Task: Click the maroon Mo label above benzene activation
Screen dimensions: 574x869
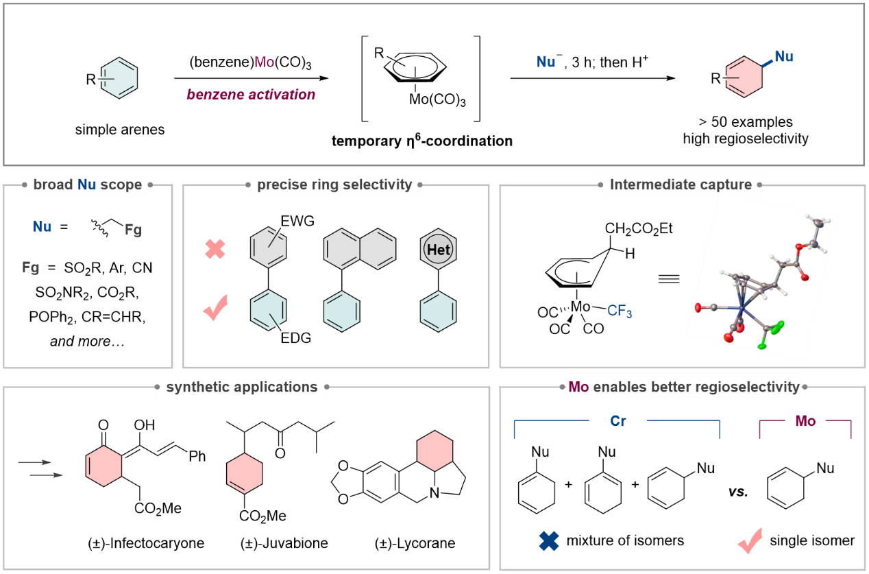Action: tap(264, 62)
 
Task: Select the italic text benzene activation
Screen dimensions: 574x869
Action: tap(251, 95)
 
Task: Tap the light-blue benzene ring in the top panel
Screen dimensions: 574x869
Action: tap(119, 78)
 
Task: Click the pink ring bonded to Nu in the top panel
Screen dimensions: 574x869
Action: tap(744, 77)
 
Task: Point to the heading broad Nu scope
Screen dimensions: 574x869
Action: tap(87, 184)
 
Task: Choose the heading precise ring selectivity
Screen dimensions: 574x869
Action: tap(334, 184)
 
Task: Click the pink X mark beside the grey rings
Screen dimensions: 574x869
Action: tap(215, 249)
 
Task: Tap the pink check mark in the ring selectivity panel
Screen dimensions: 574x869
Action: tap(215, 309)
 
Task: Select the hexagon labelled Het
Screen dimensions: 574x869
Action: tap(438, 250)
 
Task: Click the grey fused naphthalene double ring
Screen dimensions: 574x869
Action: tap(360, 249)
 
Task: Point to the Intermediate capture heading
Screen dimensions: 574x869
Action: tap(681, 184)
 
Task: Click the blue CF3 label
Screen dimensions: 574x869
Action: tap(620, 311)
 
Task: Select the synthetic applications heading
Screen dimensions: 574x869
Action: tap(241, 387)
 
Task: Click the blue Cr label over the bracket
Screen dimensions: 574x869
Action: tap(618, 421)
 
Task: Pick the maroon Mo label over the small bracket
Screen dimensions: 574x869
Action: tap(805, 421)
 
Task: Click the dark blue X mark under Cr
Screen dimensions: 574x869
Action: tap(549, 541)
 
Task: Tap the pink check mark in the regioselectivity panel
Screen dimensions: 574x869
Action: tap(750, 541)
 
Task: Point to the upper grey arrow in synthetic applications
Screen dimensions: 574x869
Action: tap(35, 463)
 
